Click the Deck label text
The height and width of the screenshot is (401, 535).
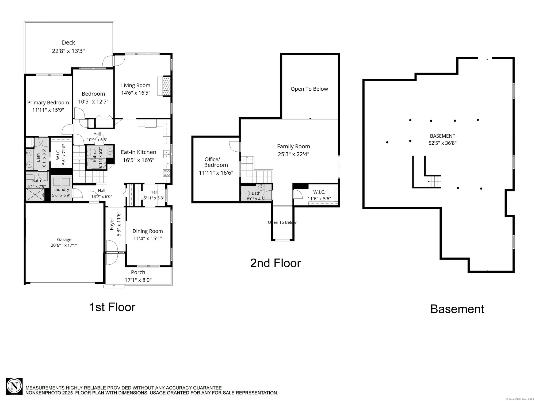click(68, 43)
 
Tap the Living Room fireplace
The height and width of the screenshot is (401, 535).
click(164, 86)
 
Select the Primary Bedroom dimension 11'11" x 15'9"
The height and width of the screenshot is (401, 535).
click(48, 110)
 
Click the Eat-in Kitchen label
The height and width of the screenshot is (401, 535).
click(139, 152)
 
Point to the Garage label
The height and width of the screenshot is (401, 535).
click(64, 240)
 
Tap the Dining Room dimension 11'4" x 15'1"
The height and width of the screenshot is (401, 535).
click(148, 238)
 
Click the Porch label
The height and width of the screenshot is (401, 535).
click(138, 272)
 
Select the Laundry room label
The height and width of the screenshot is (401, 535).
click(61, 190)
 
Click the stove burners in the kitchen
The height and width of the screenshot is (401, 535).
click(167, 173)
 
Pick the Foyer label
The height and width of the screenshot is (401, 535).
click(112, 224)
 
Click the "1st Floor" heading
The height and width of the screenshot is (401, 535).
click(112, 307)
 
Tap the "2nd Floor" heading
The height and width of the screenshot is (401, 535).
click(276, 263)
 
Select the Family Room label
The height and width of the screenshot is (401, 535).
click(293, 146)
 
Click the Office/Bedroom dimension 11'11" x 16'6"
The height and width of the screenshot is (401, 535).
click(216, 173)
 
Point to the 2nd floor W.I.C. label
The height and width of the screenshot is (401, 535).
click(319, 192)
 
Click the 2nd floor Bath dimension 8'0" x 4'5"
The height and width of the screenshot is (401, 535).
click(256, 199)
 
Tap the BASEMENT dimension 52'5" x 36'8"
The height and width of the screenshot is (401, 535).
click(442, 143)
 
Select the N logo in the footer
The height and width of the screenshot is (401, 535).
click(14, 387)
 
